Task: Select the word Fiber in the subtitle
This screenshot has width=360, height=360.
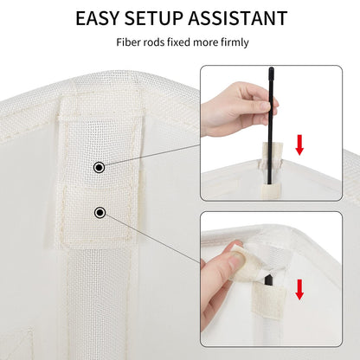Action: click(x=126, y=42)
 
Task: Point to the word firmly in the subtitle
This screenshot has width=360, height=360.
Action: click(x=235, y=42)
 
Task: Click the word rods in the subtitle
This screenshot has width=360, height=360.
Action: click(x=149, y=42)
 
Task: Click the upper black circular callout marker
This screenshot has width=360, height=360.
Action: click(x=100, y=167)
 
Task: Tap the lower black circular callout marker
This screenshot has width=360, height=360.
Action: click(x=100, y=213)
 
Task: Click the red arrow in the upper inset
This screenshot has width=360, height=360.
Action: click(x=299, y=145)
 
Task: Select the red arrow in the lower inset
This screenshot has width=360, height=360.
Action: click(x=299, y=289)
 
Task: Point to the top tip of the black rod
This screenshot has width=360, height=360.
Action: click(x=271, y=68)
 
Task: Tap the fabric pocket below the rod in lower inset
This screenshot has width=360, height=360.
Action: click(x=268, y=301)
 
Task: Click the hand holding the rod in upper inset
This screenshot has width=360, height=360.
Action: click(x=238, y=108)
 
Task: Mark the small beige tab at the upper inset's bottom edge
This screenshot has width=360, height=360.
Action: click(x=270, y=192)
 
